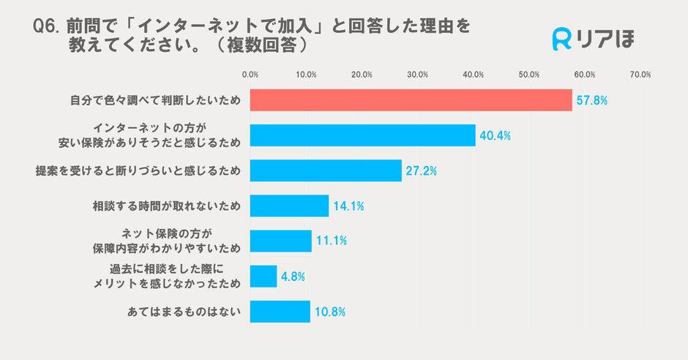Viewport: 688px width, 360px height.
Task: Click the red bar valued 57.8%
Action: (x=411, y=100)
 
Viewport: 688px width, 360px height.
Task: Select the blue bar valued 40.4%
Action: (x=362, y=135)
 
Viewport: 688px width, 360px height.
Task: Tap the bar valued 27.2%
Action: (x=326, y=170)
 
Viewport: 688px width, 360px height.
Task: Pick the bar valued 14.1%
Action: (x=289, y=206)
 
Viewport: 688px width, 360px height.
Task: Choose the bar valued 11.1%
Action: (x=281, y=241)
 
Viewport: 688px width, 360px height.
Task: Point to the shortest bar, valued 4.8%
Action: (x=263, y=276)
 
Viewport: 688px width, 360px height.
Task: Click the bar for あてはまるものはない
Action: (x=280, y=311)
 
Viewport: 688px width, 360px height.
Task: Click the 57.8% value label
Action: (x=591, y=101)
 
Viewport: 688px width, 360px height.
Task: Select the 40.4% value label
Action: (x=495, y=136)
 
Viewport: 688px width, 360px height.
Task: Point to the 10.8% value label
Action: (x=329, y=312)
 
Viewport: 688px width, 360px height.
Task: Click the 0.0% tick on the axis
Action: (x=250, y=75)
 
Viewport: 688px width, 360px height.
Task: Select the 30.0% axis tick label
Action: (x=417, y=75)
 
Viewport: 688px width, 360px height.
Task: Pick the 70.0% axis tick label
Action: (x=640, y=75)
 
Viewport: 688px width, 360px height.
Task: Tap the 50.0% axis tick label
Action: (x=529, y=75)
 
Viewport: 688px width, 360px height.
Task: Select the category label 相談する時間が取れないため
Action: (x=166, y=206)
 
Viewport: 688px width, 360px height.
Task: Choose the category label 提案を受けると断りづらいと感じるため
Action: (x=138, y=171)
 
